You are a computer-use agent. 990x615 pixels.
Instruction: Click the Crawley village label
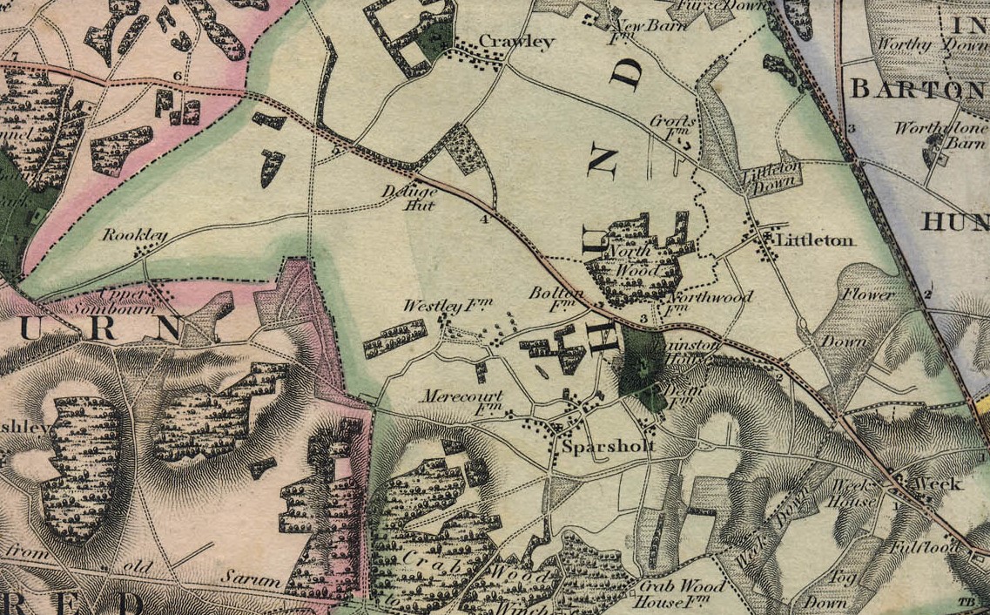point(516,42)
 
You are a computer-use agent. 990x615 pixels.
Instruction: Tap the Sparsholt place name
point(608,447)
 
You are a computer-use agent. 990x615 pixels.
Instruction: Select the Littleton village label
point(815,240)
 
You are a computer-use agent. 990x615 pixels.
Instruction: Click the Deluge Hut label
point(408,199)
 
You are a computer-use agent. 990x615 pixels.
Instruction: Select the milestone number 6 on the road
point(178,77)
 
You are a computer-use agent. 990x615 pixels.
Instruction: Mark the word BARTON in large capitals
point(917,88)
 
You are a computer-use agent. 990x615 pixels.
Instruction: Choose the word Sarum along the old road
point(250,578)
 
